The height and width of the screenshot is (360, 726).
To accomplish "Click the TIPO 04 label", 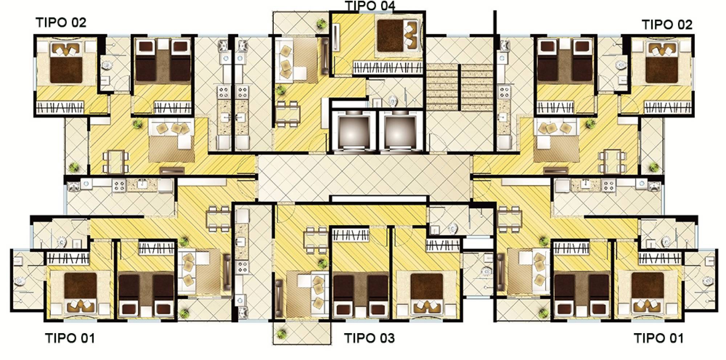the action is point(370,6).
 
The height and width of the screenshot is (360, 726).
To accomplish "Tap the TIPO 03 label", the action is point(369,338).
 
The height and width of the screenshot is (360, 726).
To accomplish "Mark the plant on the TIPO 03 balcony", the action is point(281,332).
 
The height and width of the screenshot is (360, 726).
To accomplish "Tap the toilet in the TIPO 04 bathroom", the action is point(392,100).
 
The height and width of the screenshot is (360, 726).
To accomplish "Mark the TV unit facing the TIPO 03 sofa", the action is point(279,297).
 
